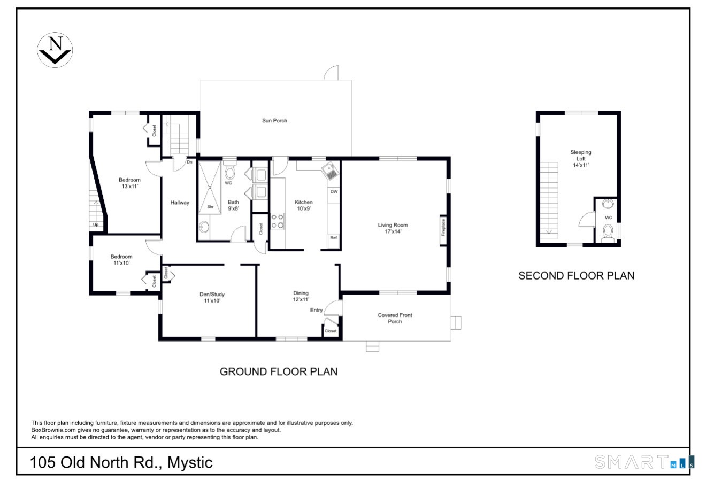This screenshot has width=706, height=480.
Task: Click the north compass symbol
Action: coord(55,50)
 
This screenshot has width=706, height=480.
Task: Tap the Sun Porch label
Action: coord(274,121)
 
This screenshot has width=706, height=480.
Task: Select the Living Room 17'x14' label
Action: coord(393,228)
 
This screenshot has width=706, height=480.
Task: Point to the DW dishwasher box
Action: coord(334,191)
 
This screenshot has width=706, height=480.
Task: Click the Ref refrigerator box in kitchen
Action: coord(333,238)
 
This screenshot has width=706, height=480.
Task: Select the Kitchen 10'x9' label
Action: coord(303,205)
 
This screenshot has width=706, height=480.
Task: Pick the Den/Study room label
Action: coord(212,297)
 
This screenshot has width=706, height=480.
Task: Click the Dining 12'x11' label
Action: coord(301,296)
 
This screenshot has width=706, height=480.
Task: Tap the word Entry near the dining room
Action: coord(316,310)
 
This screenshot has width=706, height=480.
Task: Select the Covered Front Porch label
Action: coord(395,318)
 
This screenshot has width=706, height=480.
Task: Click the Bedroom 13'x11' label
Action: coord(129,183)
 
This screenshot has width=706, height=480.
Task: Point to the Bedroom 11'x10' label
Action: coord(121,260)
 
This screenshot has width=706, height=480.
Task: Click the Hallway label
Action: coord(180,203)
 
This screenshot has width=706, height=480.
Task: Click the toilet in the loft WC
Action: coord(608,232)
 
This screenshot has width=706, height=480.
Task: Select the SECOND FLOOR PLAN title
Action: coord(576,276)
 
